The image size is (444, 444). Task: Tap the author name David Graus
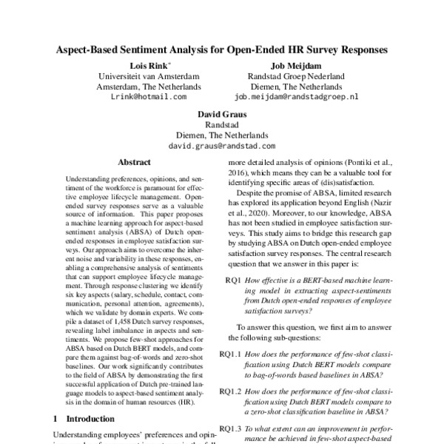pos(221,114)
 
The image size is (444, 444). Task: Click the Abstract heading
pos(134,162)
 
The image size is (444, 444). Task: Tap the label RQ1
pos(233,280)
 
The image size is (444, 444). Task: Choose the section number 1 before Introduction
pos(55,418)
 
